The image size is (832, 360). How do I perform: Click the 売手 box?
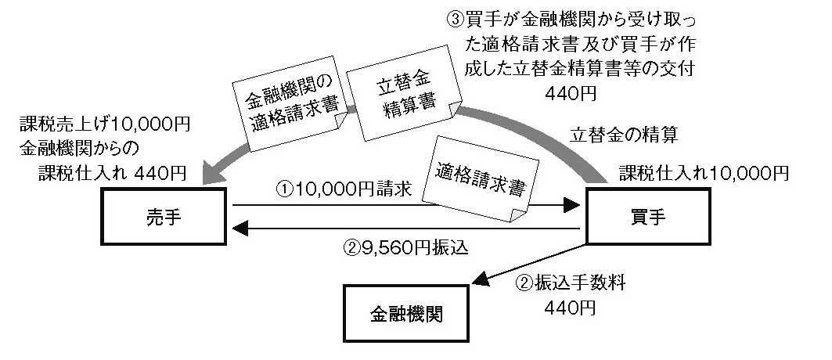164,218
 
